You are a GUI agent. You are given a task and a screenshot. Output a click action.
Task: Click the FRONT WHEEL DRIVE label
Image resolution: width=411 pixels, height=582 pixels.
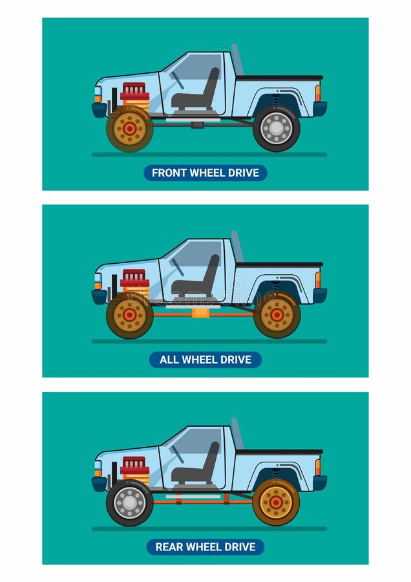[205, 173]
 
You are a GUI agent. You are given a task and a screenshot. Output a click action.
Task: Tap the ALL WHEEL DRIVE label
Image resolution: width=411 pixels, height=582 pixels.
[205, 360]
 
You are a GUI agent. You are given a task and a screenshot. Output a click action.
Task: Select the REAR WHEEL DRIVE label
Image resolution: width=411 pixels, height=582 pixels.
[205, 547]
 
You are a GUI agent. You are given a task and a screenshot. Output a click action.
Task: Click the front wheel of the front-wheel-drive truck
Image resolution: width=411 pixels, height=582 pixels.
[130, 128]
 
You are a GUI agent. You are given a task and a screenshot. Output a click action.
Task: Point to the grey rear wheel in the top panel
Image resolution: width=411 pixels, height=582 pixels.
[277, 128]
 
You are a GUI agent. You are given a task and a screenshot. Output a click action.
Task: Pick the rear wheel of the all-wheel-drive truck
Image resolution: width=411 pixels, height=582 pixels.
[277, 315]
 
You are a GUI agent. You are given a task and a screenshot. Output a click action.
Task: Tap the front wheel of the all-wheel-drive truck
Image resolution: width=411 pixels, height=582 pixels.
[130, 315]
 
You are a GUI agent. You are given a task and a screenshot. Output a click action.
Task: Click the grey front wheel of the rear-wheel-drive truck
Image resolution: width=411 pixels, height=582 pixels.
[130, 502]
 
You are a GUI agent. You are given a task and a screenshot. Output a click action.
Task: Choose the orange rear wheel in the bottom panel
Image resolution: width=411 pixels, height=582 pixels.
[276, 502]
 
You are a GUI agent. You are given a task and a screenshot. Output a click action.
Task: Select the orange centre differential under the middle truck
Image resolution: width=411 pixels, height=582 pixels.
[201, 313]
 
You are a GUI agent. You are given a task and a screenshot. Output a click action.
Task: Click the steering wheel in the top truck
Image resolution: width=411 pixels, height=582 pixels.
[176, 80]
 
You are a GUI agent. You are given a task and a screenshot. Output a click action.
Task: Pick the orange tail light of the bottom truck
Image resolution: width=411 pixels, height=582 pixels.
[318, 467]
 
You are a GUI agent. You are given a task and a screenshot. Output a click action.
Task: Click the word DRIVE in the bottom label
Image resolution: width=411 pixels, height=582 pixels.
[239, 547]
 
